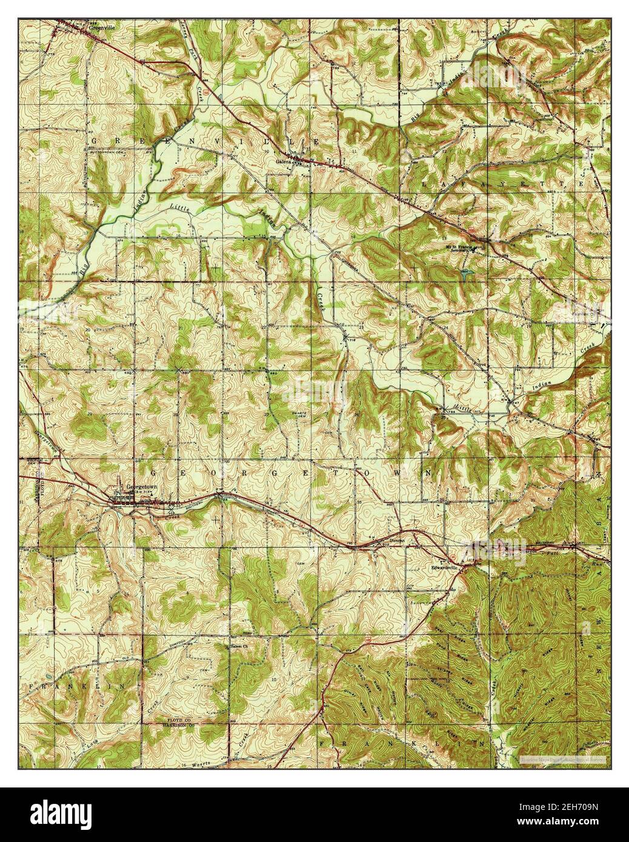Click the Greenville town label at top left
point(101,27)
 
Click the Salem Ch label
point(241,646)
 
